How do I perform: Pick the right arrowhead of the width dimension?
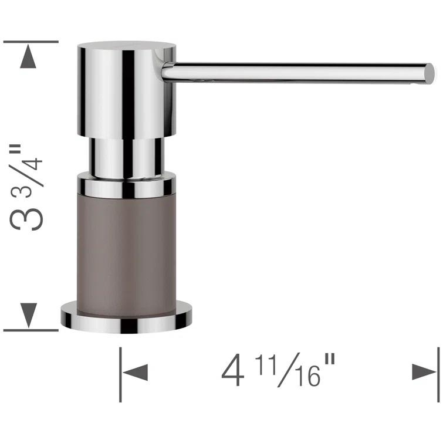coord(424,372)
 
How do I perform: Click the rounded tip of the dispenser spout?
coord(430,72)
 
